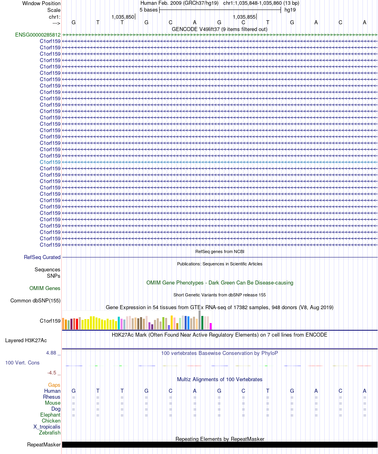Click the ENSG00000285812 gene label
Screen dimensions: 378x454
click(x=38, y=35)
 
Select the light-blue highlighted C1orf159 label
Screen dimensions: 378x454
click(x=50, y=162)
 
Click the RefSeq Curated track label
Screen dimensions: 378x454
click(x=42, y=257)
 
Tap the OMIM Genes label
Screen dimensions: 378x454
click(x=45, y=288)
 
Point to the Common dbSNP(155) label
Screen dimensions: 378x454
click(x=35, y=300)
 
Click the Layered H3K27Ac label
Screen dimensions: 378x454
click(x=26, y=341)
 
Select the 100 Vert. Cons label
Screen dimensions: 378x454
click(x=22, y=363)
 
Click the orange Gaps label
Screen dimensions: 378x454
click(x=54, y=385)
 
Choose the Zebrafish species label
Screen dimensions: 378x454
click(x=50, y=433)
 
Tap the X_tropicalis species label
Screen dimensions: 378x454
click(x=47, y=427)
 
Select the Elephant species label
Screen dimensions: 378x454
click(x=51, y=415)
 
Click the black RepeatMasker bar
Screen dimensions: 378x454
click(x=220, y=445)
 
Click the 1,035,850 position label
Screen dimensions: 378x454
click(x=123, y=17)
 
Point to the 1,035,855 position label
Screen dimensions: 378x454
click(x=244, y=17)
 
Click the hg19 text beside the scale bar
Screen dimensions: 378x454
click(x=290, y=10)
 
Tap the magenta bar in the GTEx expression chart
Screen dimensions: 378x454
click(x=211, y=326)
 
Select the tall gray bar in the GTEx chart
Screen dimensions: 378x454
click(x=199, y=320)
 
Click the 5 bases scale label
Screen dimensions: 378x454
click(x=148, y=10)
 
